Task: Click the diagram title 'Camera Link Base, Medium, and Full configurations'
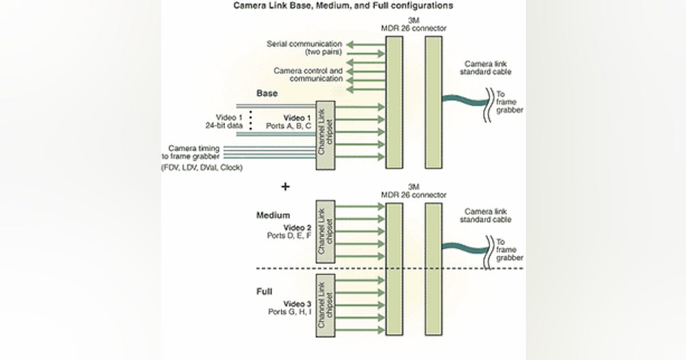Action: [343, 6]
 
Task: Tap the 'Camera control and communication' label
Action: [308, 75]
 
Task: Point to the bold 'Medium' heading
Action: [273, 215]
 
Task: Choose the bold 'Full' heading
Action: [264, 292]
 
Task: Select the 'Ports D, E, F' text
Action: [289, 235]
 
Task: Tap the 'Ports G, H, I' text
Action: [289, 312]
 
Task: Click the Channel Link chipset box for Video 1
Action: [325, 135]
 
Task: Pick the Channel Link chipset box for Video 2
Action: [325, 231]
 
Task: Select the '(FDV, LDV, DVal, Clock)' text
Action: [202, 167]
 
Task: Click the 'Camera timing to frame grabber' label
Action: [194, 151]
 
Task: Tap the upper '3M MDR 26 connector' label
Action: [413, 25]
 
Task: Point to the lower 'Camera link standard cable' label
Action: [488, 215]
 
